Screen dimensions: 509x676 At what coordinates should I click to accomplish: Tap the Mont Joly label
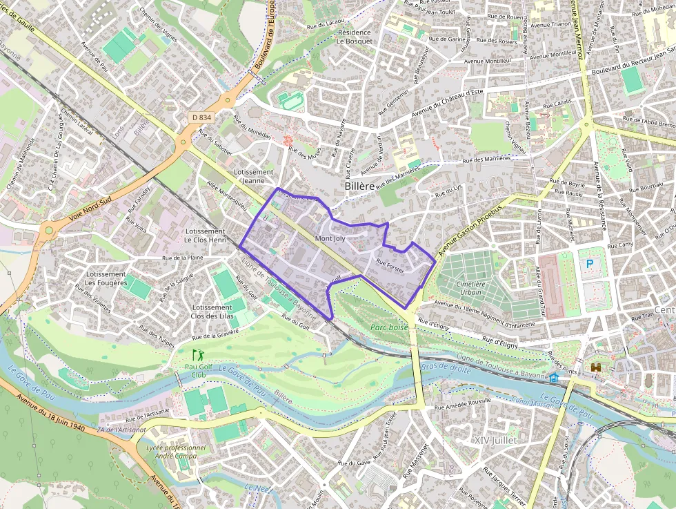point(330,238)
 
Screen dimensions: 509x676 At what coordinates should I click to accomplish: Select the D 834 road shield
point(201,117)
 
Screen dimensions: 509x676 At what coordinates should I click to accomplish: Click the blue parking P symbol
point(590,263)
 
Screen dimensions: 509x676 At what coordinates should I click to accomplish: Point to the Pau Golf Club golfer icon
point(198,355)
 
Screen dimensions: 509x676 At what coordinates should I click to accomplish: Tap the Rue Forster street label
point(390,265)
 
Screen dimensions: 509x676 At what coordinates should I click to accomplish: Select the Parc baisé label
point(389,327)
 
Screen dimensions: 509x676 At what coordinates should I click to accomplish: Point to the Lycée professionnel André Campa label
point(180,451)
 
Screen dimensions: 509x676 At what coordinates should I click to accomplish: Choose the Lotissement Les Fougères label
point(106,278)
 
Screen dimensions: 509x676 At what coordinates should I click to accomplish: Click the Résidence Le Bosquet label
point(354,37)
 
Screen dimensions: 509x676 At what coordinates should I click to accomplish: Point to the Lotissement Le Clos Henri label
point(206,236)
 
